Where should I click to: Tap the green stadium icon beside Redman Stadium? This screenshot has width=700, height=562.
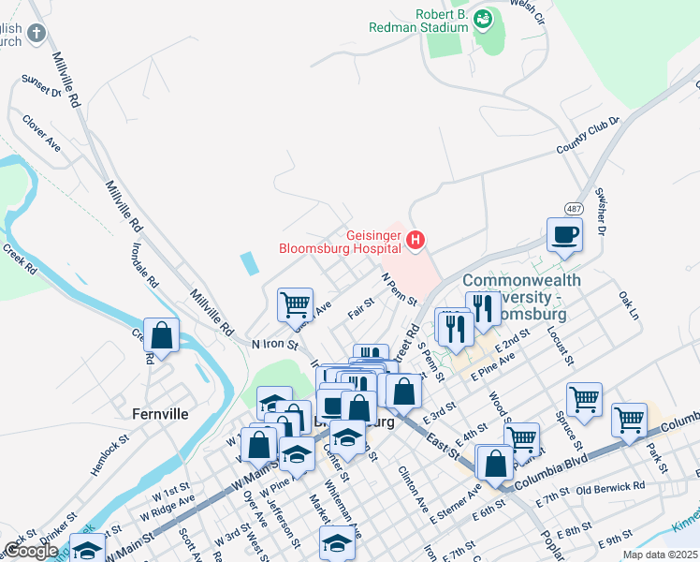tap(483, 18)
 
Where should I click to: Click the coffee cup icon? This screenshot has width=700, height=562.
tap(565, 234)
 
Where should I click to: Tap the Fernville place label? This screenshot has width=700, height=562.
tap(160, 413)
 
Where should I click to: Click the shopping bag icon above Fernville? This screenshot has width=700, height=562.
tap(162, 335)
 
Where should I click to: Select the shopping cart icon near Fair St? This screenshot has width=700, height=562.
tap(294, 303)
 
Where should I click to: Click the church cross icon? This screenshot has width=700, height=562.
tap(36, 35)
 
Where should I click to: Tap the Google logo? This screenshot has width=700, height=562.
tap(31, 551)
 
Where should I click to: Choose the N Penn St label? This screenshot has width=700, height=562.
tap(399, 289)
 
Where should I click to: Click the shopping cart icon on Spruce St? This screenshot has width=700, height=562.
tap(585, 398)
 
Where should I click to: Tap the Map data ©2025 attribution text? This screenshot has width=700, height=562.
tap(660, 555)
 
